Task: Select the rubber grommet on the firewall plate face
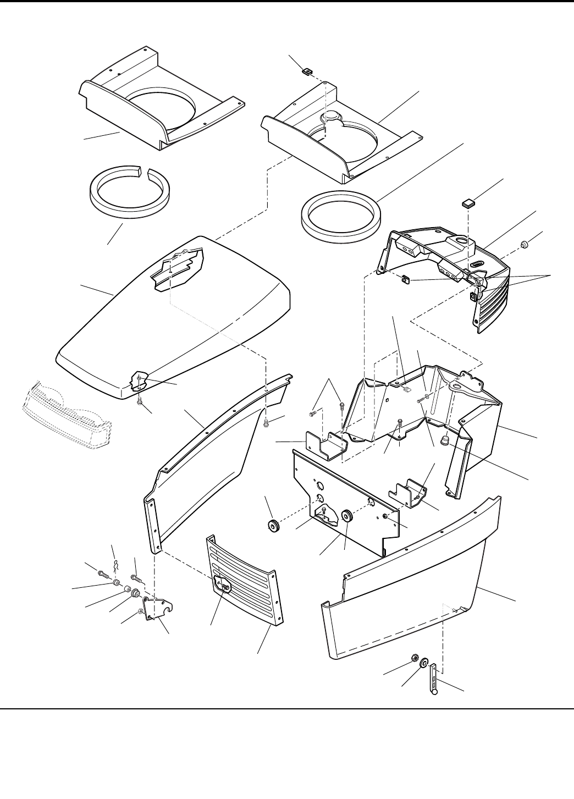pyautogui.click(x=347, y=517)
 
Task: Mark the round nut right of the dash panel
pyautogui.click(x=525, y=243)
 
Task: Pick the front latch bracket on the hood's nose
pyautogui.click(x=140, y=381)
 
